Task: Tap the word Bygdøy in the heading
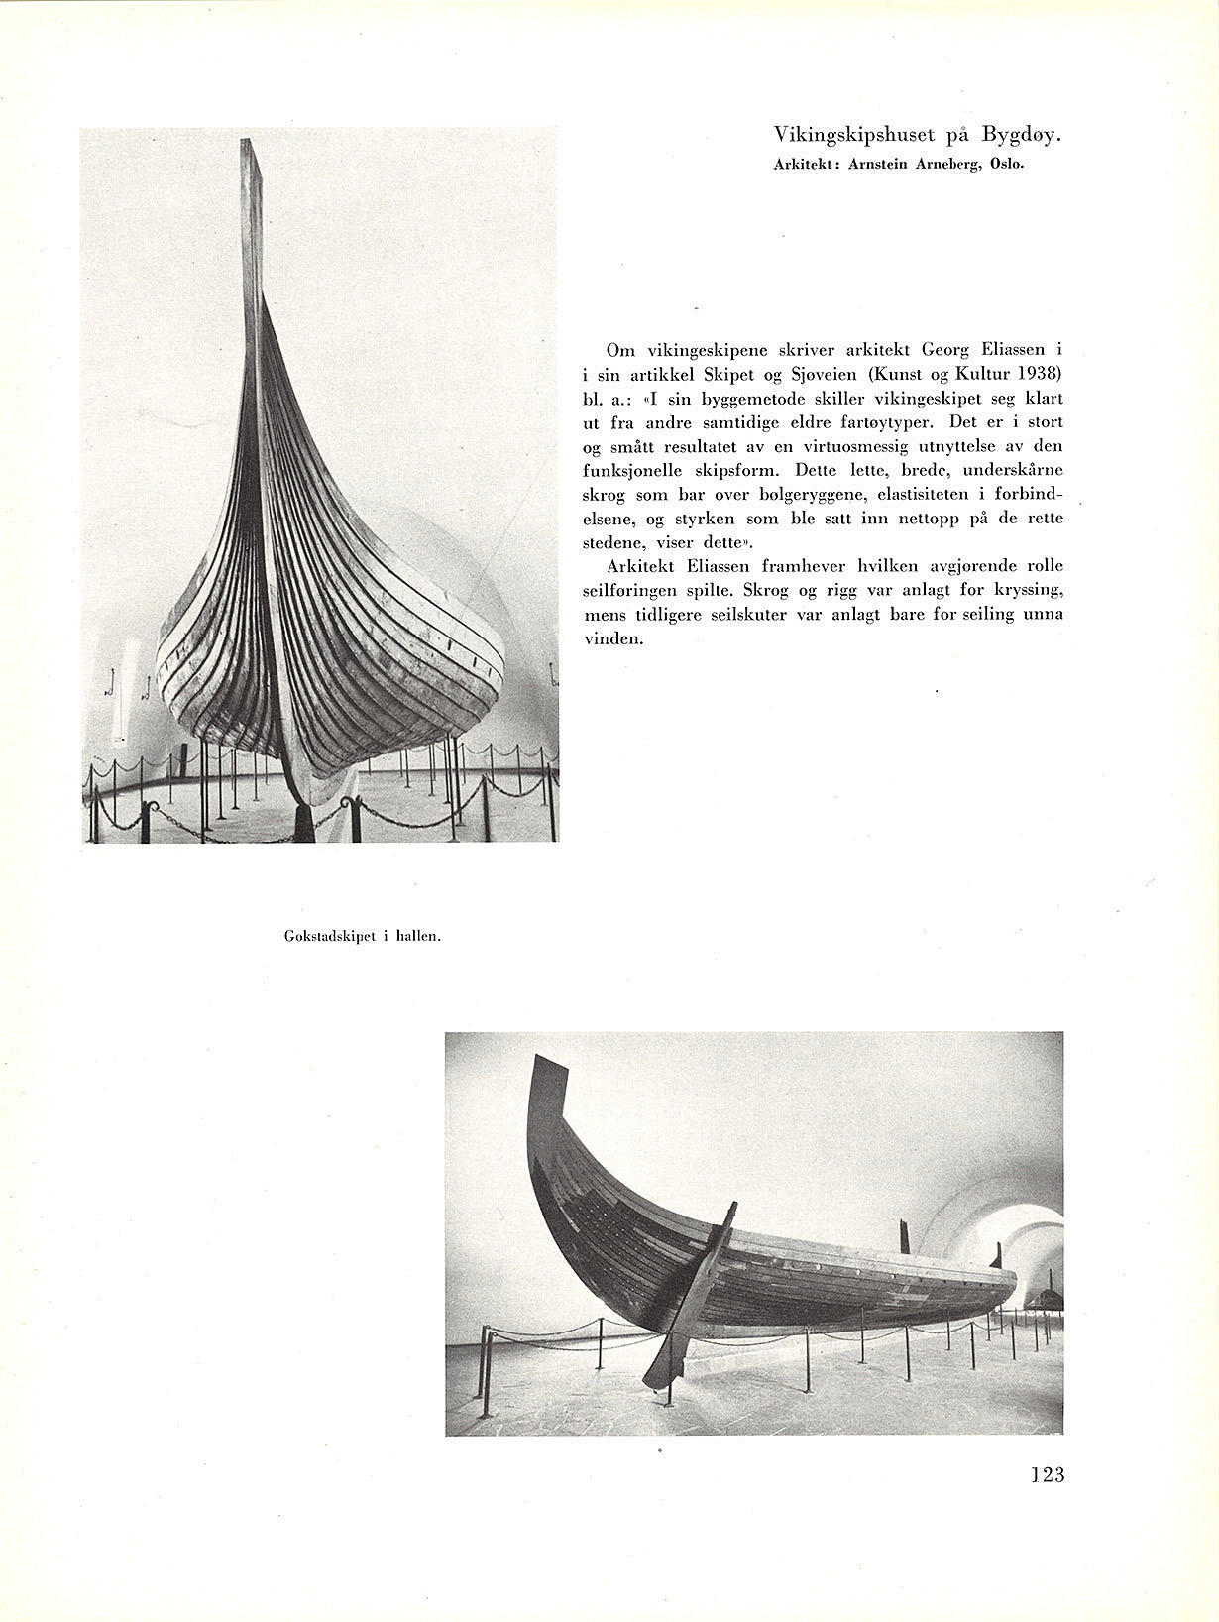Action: [1022, 135]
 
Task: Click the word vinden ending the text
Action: [613, 638]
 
